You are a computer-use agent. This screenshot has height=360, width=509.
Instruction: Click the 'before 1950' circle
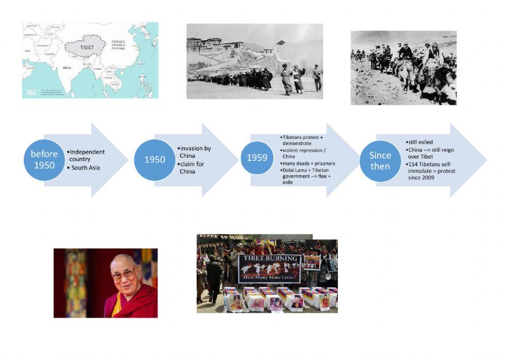tap(44, 159)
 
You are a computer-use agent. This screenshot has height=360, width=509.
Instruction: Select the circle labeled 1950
tap(154, 159)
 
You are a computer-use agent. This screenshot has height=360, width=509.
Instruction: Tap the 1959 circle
tap(257, 158)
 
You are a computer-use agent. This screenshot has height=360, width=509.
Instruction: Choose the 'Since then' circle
tap(380, 160)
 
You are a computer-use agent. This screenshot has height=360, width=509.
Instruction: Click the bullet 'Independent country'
tap(87, 155)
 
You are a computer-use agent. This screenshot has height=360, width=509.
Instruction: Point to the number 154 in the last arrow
tap(414, 164)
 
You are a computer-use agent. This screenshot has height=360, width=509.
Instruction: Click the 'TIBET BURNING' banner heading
tap(270, 259)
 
